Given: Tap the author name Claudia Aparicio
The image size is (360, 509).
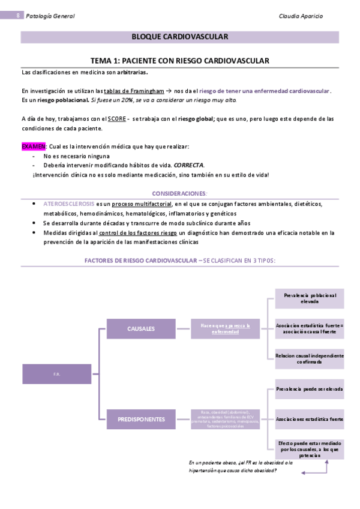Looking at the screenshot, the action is [301, 16].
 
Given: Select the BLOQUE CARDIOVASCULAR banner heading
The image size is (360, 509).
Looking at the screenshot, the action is [179, 37].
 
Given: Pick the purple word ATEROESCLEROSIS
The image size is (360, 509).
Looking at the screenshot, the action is [69, 204].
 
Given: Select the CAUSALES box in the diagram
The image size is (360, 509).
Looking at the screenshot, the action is [141, 328].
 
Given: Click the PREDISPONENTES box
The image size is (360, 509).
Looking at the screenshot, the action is [141, 418].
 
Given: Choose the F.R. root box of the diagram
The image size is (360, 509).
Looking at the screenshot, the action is [56, 374].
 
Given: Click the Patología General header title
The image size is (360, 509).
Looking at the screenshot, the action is [50, 16].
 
